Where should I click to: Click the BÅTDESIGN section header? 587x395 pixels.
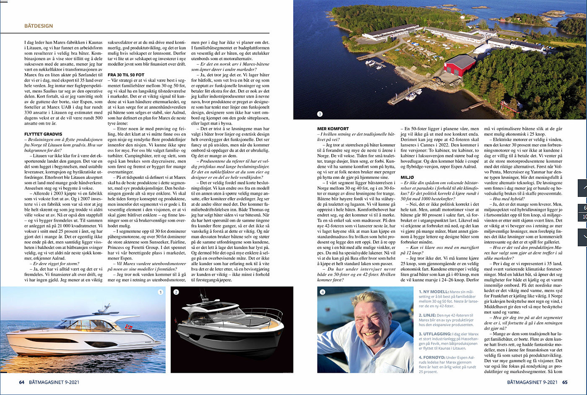click(x=39, y=26)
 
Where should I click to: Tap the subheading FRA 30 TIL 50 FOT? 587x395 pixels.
click(x=126, y=74)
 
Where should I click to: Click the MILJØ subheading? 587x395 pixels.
click(x=407, y=178)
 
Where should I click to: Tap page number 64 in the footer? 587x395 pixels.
click(x=22, y=382)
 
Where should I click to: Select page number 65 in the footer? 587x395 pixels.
click(x=565, y=382)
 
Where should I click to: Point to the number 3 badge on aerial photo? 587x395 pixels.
click(x=320, y=114)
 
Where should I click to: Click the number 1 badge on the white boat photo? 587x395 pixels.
click(x=160, y=292)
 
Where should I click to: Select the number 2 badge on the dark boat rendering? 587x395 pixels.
click(x=176, y=292)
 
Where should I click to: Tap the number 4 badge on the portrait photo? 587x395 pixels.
click(x=322, y=292)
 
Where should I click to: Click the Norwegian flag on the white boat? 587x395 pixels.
click(x=128, y=326)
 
